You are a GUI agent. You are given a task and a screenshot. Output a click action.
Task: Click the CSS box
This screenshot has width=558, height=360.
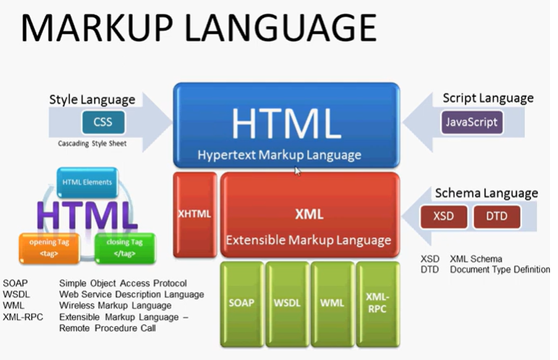click(x=108, y=122)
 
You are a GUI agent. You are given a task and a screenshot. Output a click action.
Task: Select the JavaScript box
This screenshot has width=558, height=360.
click(x=471, y=121)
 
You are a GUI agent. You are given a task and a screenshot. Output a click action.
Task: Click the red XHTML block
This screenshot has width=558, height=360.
click(x=195, y=214)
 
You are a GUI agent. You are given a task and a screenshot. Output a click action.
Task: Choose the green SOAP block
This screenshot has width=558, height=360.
click(x=242, y=302)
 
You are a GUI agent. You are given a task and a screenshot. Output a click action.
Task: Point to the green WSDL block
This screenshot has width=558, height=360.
click(x=287, y=302)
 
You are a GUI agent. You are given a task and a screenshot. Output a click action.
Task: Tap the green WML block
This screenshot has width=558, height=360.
click(x=331, y=302)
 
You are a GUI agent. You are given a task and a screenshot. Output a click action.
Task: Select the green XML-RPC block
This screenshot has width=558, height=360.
click(x=377, y=302)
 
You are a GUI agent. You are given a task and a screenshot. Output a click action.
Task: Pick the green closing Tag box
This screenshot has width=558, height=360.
click(x=124, y=247)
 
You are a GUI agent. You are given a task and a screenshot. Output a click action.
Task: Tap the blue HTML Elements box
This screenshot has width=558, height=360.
click(x=87, y=183)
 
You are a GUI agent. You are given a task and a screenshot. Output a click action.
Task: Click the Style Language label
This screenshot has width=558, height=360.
click(x=92, y=99)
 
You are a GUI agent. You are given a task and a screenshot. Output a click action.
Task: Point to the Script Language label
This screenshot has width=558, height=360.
click(x=488, y=98)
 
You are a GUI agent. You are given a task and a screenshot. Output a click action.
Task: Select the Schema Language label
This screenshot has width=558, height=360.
click(x=486, y=193)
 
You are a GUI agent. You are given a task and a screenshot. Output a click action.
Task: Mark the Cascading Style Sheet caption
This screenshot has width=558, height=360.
click(x=92, y=144)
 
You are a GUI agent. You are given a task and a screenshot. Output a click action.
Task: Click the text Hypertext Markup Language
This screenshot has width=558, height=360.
click(x=279, y=155)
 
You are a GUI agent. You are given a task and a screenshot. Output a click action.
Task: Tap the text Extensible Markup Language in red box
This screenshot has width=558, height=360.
click(x=309, y=240)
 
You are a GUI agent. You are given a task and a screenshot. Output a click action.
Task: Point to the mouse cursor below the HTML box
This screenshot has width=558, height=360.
click(x=297, y=171)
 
